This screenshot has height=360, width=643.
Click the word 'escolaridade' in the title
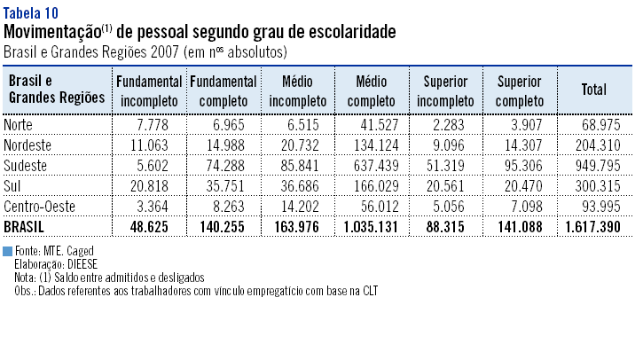click(x=348, y=33)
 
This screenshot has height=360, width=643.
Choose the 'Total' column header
click(x=592, y=90)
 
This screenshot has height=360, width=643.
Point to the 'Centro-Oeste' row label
click(x=40, y=207)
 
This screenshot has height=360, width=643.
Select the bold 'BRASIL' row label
click(x=26, y=227)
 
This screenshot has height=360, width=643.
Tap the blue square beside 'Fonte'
click(x=8, y=253)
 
